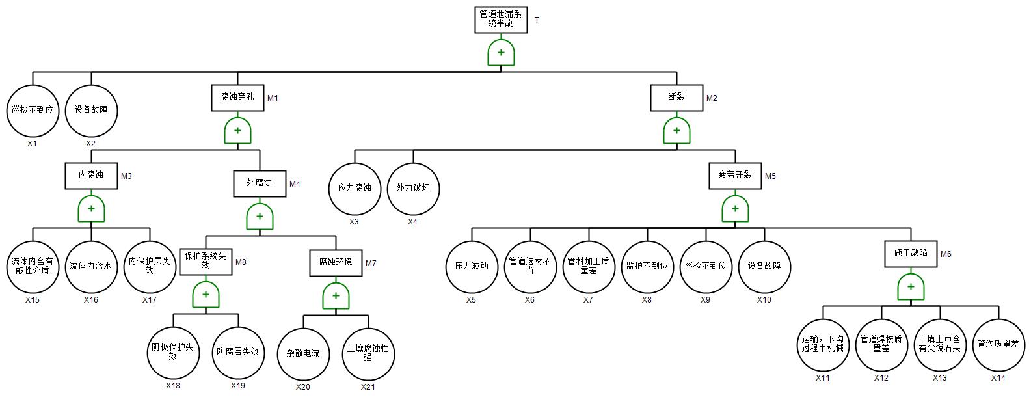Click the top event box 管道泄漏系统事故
click(x=500, y=19)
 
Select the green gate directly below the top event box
click(x=501, y=53)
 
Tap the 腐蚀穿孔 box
click(x=237, y=98)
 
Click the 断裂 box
click(x=676, y=98)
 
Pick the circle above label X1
click(x=33, y=111)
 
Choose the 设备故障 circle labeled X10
click(x=764, y=266)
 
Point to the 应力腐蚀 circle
click(x=355, y=189)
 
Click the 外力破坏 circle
click(x=413, y=189)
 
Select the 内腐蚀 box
click(x=91, y=176)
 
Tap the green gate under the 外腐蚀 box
click(x=260, y=216)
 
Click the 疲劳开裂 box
click(x=735, y=176)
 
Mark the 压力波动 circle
click(x=472, y=266)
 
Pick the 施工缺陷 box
click(x=911, y=254)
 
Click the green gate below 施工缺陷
click(x=911, y=286)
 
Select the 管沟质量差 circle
click(x=998, y=345)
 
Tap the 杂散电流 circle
click(x=303, y=353)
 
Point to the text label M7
click(x=371, y=264)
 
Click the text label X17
click(x=150, y=300)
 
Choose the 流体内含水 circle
click(x=91, y=266)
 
